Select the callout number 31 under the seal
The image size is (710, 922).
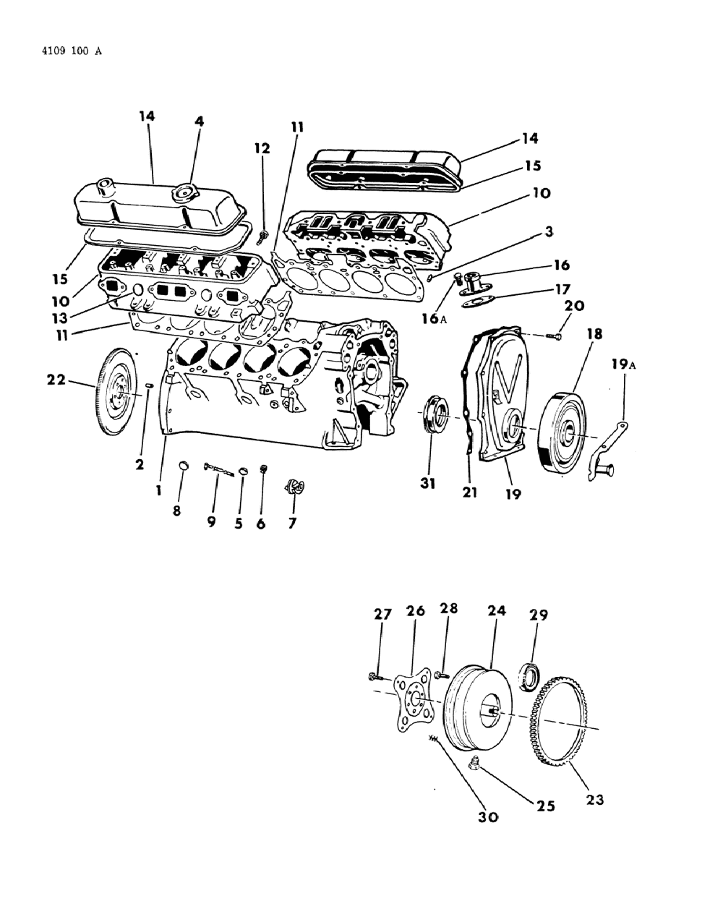click(x=428, y=484)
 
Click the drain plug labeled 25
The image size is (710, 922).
click(x=475, y=763)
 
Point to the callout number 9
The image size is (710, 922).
click(x=211, y=521)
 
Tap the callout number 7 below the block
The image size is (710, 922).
click(x=292, y=523)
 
